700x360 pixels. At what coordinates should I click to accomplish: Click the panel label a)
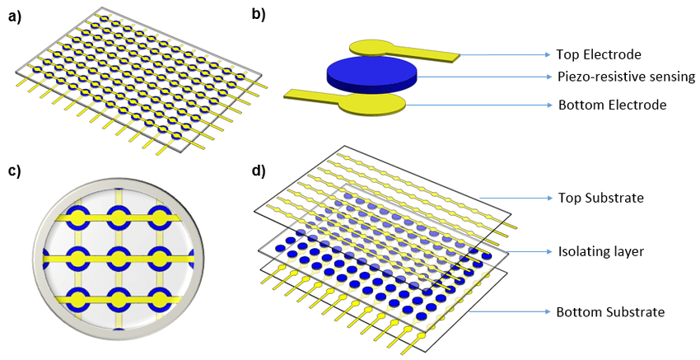15,16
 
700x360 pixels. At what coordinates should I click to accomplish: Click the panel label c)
15,172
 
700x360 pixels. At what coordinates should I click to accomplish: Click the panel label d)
259,172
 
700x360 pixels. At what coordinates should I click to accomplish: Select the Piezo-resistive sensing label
626,77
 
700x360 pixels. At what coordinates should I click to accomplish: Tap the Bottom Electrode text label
611,105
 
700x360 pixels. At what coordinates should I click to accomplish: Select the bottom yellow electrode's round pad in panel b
372,104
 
